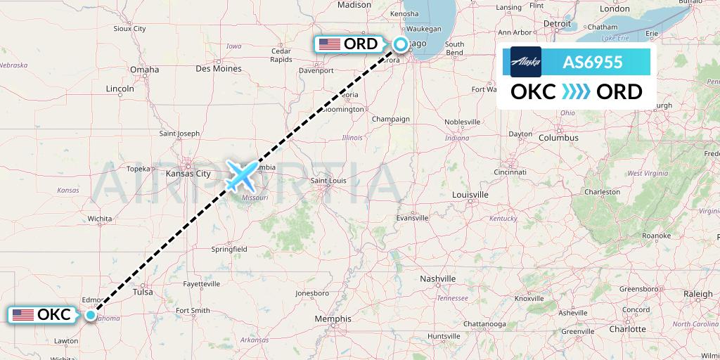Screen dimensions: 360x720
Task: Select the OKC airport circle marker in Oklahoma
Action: [91, 315]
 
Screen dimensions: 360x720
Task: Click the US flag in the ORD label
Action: [329, 44]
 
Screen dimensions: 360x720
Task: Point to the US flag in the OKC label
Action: [23, 315]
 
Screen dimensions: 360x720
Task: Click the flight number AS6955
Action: [592, 62]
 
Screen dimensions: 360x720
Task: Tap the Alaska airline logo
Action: [526, 62]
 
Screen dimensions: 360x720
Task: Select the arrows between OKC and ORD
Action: [577, 92]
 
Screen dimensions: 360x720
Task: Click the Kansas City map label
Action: [188, 173]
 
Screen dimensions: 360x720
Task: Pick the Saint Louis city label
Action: [329, 181]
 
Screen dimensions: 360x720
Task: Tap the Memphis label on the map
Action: [333, 319]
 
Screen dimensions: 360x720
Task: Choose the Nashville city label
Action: [438, 279]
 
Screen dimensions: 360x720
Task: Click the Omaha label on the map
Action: [144, 70]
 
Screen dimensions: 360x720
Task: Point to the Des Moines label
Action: [218, 69]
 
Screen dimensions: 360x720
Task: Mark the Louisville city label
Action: [470, 194]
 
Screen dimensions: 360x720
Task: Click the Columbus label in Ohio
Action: [558, 138]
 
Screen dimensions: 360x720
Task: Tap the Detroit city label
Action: [557, 23]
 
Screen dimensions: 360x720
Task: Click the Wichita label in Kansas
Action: [100, 219]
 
